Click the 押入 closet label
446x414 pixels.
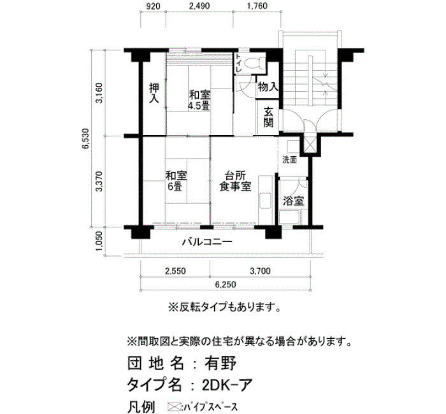click(154, 93)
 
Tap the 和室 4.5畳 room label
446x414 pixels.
click(199, 100)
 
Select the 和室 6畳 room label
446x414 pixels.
click(176, 181)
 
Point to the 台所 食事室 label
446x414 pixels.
click(235, 181)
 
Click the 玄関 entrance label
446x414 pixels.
click(268, 117)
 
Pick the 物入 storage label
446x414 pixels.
click(268, 87)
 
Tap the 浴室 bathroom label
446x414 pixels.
click(293, 201)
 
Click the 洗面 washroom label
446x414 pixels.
click(289, 160)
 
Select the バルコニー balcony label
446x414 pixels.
click(207, 242)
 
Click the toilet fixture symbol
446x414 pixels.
click(252, 63)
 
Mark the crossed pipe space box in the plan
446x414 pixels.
click(309, 145)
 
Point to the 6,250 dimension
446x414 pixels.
click(225, 284)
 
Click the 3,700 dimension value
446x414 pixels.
click(260, 271)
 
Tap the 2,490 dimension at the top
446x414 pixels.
click(199, 6)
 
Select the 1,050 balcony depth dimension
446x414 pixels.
click(99, 241)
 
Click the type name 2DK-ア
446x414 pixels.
click(227, 385)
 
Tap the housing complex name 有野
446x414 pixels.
click(220, 363)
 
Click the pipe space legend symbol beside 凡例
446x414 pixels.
click(175, 406)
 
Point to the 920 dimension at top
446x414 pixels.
click(154, 6)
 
